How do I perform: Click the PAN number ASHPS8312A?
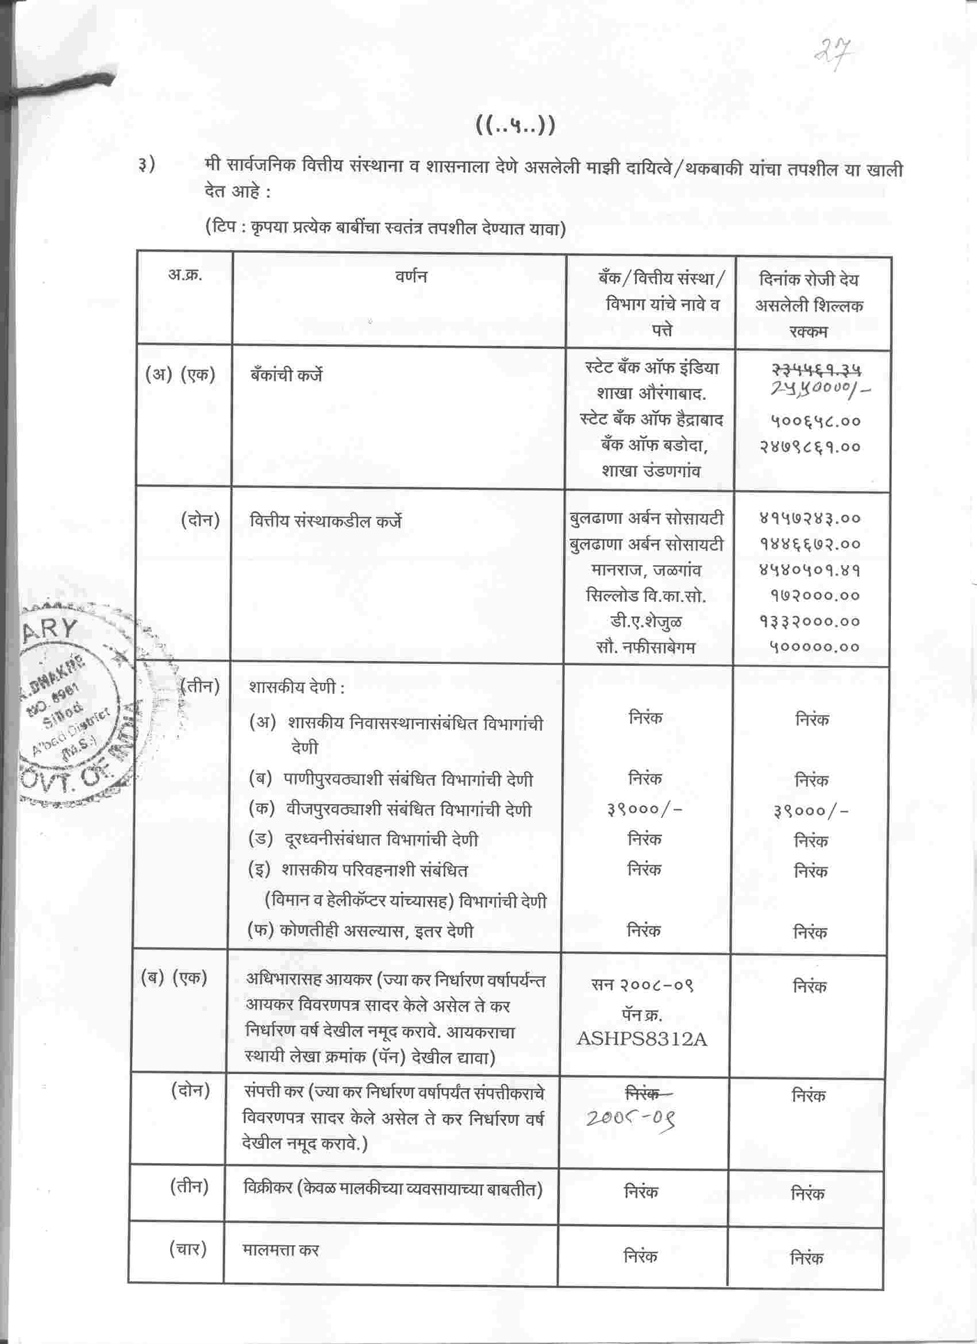pos(642,1039)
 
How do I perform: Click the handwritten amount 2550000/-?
pos(821,389)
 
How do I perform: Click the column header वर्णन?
pos(411,276)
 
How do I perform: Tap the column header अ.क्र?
pos(185,275)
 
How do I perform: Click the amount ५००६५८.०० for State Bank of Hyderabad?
pos(815,422)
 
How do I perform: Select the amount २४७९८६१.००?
pos(810,447)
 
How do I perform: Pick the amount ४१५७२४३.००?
pos(810,519)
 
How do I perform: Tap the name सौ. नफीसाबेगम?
pos(645,647)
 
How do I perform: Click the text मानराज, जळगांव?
pos(646,570)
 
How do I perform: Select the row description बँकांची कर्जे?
pos(286,375)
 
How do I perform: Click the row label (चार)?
pos(188,1250)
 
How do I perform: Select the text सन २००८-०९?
pos(642,985)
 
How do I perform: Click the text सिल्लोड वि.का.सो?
pos(645,596)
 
